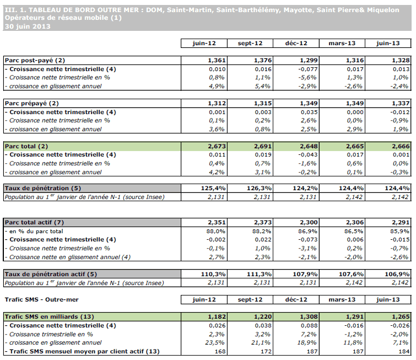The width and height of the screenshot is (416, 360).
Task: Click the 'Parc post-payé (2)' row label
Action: tap(35, 60)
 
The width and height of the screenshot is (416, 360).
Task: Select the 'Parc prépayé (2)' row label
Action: tap(32, 103)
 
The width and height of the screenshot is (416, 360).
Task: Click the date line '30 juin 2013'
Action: tap(28, 26)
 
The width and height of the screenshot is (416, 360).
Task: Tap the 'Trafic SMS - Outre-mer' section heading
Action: tap(41, 300)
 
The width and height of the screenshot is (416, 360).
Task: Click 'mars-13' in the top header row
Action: tap(342, 43)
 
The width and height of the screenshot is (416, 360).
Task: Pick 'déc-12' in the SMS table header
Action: tap(296, 300)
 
